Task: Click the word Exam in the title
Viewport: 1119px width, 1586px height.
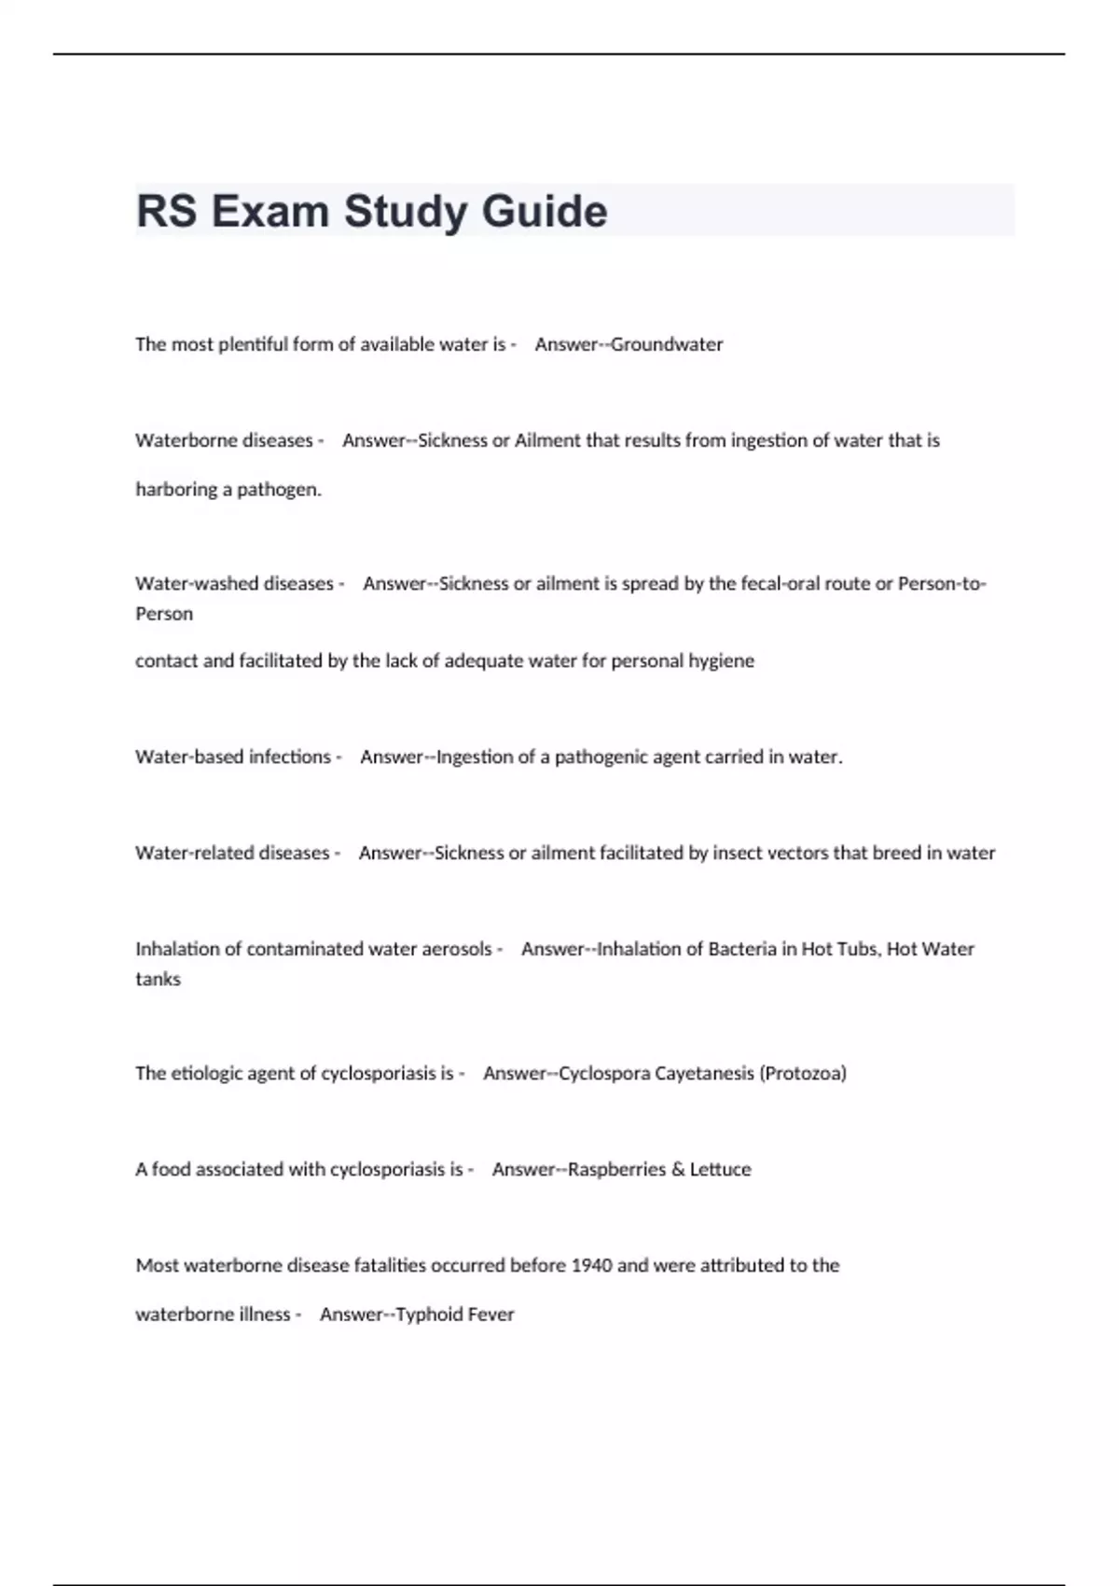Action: click(270, 212)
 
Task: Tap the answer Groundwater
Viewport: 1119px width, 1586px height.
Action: click(667, 344)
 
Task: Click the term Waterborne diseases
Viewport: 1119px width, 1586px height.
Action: click(224, 440)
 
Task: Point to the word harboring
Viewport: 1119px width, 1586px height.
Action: click(176, 490)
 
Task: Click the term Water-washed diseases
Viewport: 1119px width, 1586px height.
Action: click(234, 584)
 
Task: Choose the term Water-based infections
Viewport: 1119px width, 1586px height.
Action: click(233, 758)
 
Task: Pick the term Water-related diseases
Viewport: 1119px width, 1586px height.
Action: click(232, 854)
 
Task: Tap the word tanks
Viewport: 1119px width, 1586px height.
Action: click(158, 980)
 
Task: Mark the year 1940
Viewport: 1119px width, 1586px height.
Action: click(591, 1266)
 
